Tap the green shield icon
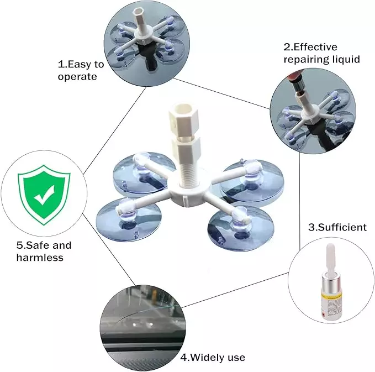click(x=44, y=195)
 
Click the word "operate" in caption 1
click(x=77, y=77)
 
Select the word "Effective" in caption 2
click(x=316, y=47)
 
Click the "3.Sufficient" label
click(x=337, y=227)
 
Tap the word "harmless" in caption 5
click(x=40, y=258)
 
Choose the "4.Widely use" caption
click(x=213, y=358)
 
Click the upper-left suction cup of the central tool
click(x=144, y=172)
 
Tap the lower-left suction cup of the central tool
click(x=129, y=219)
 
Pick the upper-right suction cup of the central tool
click(x=252, y=180)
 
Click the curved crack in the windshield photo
click(x=144, y=313)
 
